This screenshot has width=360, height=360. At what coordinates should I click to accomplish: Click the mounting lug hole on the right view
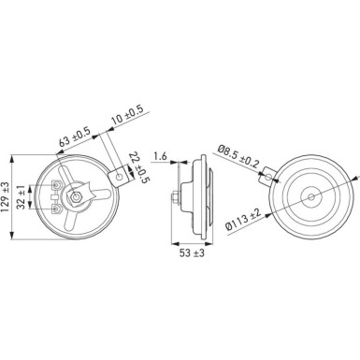point(268,172)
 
